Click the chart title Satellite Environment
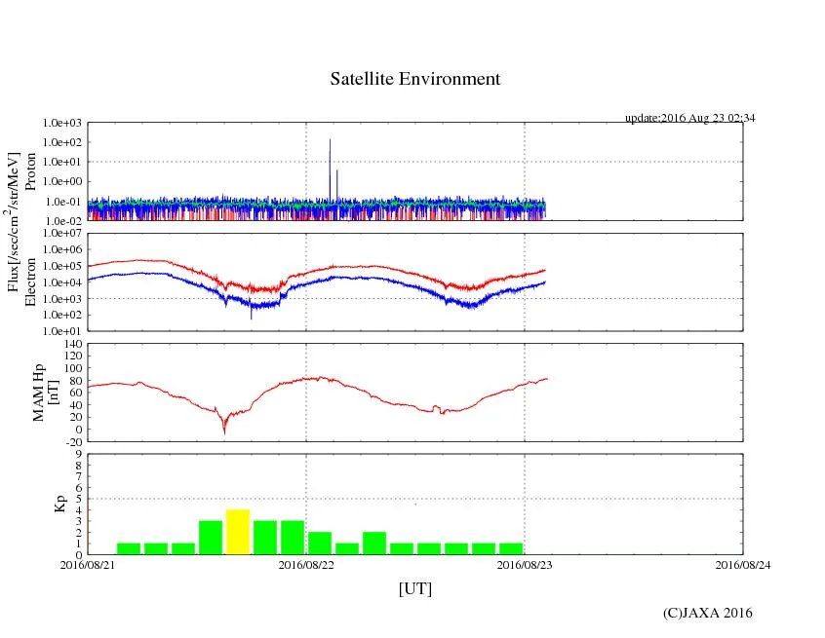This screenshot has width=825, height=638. click(415, 79)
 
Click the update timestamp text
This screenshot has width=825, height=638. click(690, 118)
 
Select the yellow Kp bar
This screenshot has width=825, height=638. click(238, 532)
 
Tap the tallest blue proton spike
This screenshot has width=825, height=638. click(330, 142)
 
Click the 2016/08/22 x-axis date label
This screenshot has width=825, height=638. click(306, 564)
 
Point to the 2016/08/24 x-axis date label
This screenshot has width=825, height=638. click(743, 564)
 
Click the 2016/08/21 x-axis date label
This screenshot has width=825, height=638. click(88, 564)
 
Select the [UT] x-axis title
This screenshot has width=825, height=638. click(415, 588)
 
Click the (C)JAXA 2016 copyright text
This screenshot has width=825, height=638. click(707, 613)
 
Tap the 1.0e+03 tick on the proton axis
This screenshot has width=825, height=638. click(63, 124)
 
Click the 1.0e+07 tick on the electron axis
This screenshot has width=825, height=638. click(63, 234)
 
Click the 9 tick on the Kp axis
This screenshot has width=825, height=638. click(78, 453)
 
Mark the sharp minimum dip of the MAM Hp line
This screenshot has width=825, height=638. click(225, 432)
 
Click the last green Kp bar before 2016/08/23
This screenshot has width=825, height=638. click(511, 548)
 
